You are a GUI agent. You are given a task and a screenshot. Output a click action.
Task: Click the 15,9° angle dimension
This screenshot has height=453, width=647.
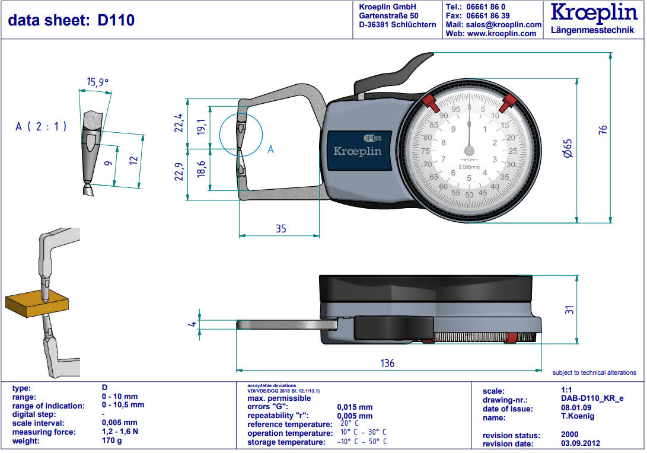[x=98, y=82]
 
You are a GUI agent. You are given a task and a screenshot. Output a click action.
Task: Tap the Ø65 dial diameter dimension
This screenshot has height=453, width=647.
[x=568, y=148]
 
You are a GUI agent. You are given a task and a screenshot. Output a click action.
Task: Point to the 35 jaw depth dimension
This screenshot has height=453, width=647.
[x=281, y=228]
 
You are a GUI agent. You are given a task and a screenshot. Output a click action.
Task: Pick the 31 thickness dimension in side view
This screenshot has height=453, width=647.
[x=568, y=309]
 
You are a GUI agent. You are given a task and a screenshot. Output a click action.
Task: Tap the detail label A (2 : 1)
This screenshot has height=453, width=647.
[x=41, y=126]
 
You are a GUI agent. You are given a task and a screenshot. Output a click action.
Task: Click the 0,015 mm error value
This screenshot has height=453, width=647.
[x=355, y=407]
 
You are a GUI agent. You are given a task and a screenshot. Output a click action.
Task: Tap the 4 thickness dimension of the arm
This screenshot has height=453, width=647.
[x=192, y=323]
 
